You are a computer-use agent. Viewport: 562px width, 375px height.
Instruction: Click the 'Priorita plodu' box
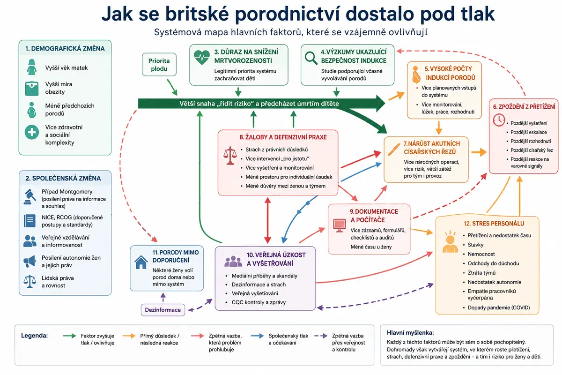click(159, 64)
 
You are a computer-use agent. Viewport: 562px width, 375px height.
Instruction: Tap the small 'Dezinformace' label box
click(163, 310)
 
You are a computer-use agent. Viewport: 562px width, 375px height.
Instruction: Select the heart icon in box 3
click(202, 57)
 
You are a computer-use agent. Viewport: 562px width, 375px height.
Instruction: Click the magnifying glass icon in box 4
click(311, 58)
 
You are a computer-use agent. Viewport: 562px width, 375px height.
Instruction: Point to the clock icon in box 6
click(499, 120)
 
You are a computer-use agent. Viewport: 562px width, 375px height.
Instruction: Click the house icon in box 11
click(141, 262)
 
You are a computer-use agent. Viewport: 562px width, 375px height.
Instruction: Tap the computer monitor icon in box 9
click(340, 225)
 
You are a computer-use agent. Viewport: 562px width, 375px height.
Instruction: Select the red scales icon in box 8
click(230, 156)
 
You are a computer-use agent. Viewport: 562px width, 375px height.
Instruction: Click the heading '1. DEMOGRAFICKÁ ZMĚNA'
click(65, 48)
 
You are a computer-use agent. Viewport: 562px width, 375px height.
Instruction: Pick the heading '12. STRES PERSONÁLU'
click(494, 223)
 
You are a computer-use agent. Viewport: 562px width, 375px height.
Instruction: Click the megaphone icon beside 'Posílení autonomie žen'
click(30, 261)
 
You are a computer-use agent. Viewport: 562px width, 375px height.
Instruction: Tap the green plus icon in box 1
click(32, 132)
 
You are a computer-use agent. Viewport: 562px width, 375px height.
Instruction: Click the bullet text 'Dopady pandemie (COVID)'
click(499, 307)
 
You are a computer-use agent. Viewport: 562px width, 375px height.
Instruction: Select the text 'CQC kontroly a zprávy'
click(259, 302)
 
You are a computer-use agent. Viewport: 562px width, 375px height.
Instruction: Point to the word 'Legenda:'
click(34, 335)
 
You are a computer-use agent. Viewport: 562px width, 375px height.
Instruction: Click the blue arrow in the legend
click(258, 336)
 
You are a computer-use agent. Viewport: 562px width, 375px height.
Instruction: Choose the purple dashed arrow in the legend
click(321, 336)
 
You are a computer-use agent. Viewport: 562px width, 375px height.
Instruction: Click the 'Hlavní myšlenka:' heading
click(410, 332)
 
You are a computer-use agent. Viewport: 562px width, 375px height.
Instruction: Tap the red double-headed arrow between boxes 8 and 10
click(268, 220)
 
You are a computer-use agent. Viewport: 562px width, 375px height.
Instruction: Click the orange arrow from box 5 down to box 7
click(438, 128)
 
